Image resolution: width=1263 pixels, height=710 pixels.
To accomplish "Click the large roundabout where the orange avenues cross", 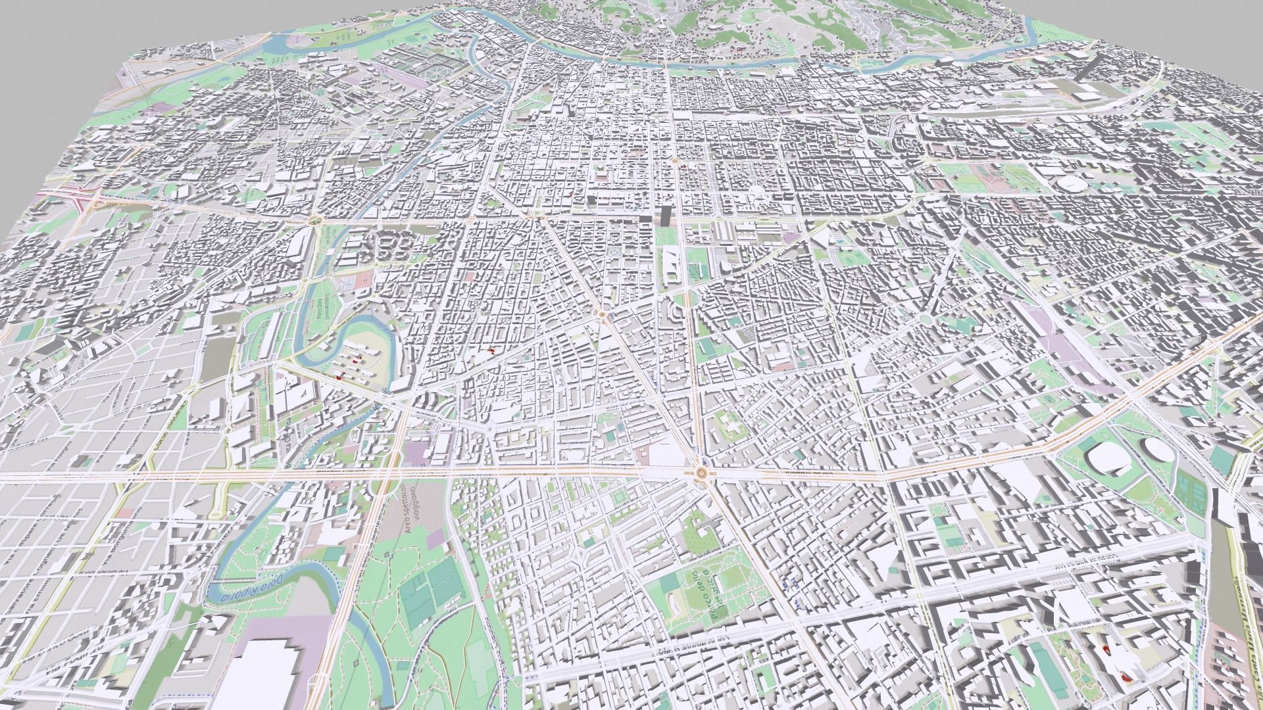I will [x=702, y=472].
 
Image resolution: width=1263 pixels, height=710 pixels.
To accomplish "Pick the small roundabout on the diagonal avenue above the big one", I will [x=601, y=315].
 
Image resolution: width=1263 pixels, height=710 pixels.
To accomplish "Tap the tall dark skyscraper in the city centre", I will [x=666, y=216].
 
